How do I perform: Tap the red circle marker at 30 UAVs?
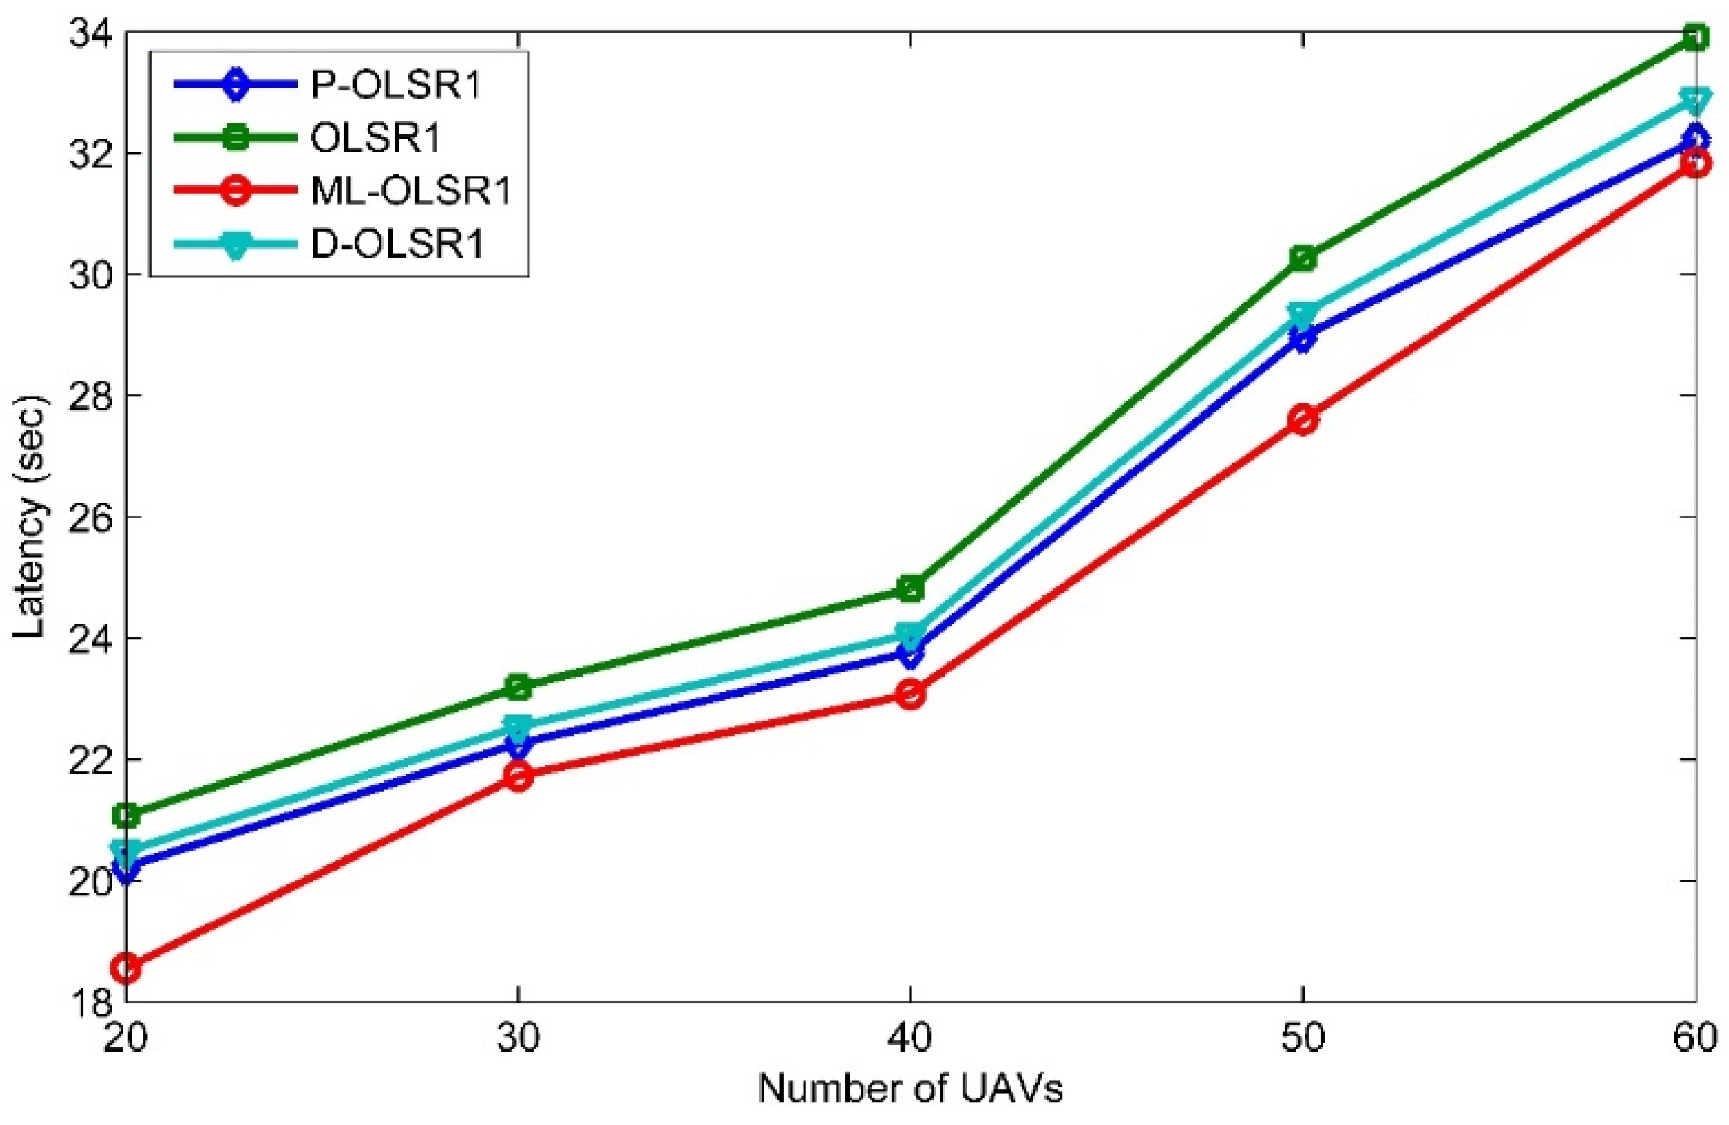tap(518, 776)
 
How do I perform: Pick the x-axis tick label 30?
tap(518, 1039)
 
